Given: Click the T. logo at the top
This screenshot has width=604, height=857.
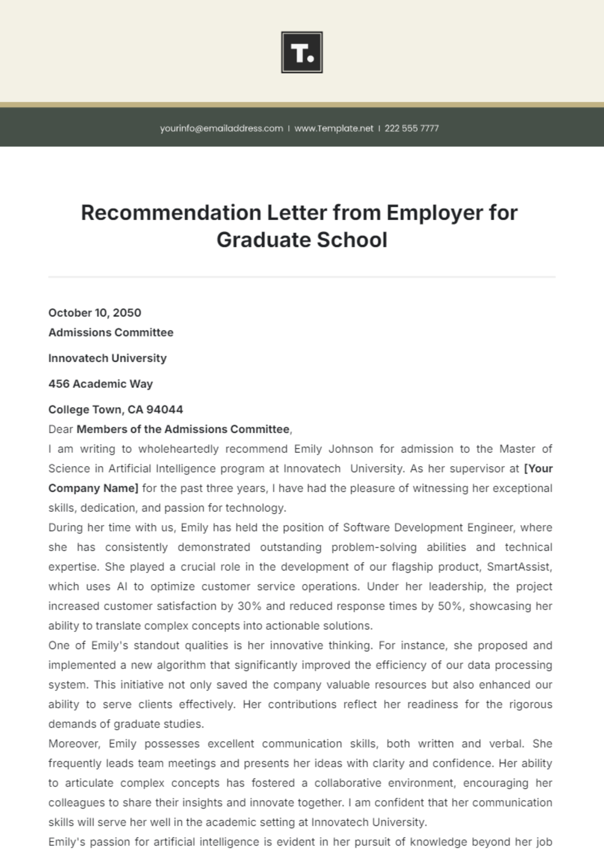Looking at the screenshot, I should [x=301, y=52].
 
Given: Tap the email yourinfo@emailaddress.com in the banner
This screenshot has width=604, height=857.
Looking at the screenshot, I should [x=221, y=128].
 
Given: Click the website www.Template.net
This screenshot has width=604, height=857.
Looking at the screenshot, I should [x=334, y=128].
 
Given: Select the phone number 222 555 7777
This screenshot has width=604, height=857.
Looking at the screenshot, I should [x=412, y=128].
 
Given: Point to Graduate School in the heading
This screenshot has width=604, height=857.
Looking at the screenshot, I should [x=302, y=240].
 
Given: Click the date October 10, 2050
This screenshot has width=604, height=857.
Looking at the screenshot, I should [x=95, y=313].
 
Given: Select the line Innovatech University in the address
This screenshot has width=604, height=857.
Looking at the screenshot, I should [x=107, y=358].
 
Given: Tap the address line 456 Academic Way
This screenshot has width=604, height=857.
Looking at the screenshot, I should [x=100, y=384].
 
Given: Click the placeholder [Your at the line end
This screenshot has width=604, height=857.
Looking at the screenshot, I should [x=538, y=469].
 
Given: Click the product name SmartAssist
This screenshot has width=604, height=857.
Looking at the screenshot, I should [x=519, y=567].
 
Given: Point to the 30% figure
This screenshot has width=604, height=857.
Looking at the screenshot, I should [x=249, y=606].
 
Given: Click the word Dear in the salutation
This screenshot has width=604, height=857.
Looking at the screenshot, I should [x=60, y=429].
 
